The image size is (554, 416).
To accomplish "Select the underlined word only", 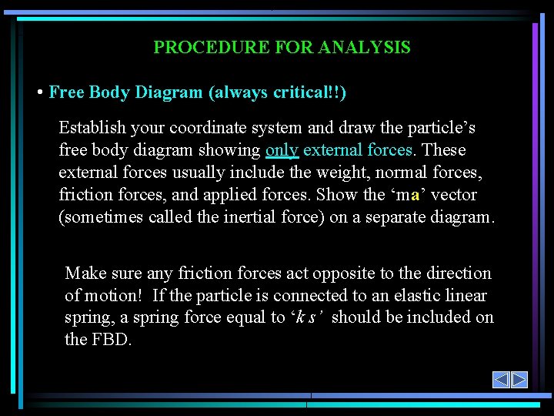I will pyautogui.click(x=282, y=150).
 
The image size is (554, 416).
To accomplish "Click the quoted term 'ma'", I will pyautogui.click(x=405, y=195).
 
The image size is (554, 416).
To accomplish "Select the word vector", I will pyautogui.click(x=454, y=195).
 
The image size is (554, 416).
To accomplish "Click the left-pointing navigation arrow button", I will pyautogui.click(x=501, y=380).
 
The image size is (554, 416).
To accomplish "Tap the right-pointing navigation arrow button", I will pyautogui.click(x=519, y=380).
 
